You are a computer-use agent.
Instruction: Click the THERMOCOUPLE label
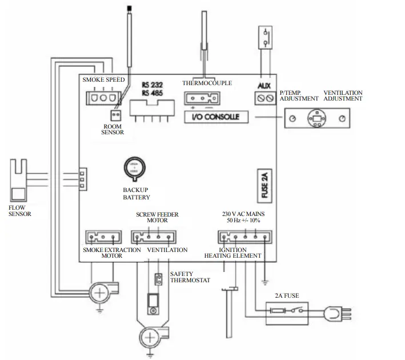pyautogui.click(x=207, y=83)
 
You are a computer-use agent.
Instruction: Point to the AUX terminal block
pyautogui.click(x=264, y=99)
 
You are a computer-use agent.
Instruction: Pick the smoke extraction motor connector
pyautogui.click(x=97, y=237)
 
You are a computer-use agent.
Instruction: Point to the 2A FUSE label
pyautogui.click(x=286, y=296)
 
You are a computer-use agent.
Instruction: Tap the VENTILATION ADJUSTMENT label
pyautogui.click(x=343, y=95)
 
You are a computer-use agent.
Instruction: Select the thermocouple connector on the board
pyautogui.click(x=199, y=98)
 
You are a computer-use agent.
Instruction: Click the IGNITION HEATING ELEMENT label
pyautogui.click(x=233, y=253)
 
